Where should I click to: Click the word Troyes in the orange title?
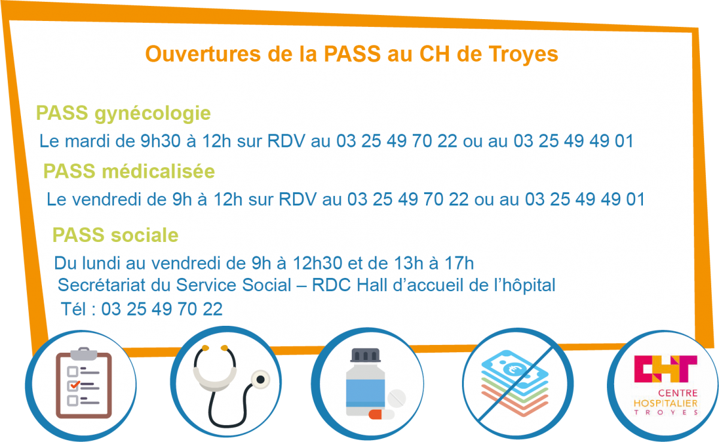coord(524,55)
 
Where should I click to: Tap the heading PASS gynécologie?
coord(123,114)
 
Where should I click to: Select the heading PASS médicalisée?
coord(129,171)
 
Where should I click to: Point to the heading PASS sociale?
coord(115,235)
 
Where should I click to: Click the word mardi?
coord(87,141)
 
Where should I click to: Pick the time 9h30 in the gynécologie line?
coord(161,141)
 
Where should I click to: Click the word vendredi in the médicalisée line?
coord(107,199)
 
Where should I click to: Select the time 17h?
coord(459,263)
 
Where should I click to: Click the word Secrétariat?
coord(101,285)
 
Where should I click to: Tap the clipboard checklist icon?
coord(84,383)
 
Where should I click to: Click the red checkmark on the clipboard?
coord(75,385)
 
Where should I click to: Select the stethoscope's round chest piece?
coord(260,380)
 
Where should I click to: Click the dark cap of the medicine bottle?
coord(365,355)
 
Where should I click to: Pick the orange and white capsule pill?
coord(381,414)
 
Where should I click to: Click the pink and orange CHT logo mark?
coord(666,368)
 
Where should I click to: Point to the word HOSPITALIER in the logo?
coord(666,403)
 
